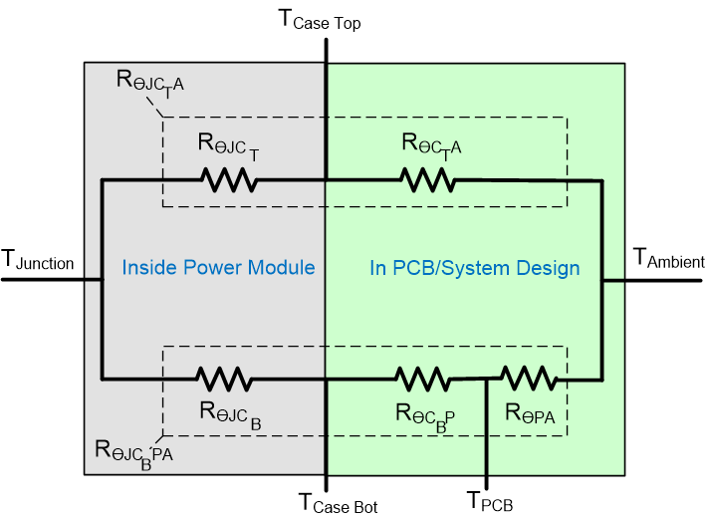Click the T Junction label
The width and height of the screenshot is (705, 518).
38,262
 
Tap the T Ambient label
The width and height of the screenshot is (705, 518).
667,259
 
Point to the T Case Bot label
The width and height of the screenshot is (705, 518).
338,502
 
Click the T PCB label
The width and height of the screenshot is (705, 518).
490,502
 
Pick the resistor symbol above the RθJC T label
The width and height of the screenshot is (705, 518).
229,180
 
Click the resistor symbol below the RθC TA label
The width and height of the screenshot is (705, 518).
427,180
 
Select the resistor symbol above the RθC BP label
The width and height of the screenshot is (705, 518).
424,379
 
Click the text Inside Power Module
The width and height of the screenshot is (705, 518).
218,267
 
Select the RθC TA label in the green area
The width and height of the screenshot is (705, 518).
432,145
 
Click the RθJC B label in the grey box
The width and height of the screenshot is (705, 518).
230,411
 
